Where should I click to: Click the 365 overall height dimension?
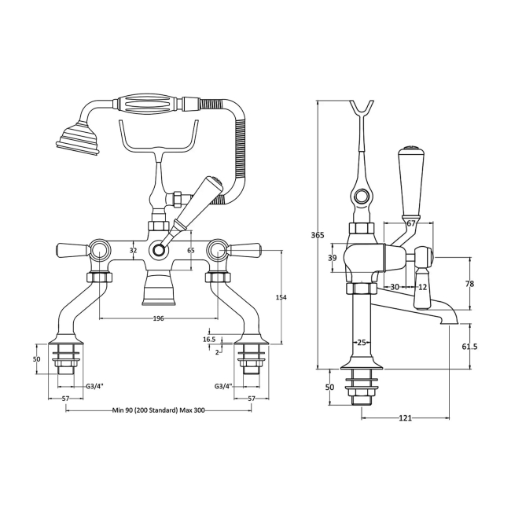point(317,235)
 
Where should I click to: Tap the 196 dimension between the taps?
point(158,318)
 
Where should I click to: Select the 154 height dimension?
point(281,296)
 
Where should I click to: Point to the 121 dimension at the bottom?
point(406,417)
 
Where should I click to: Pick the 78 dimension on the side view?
point(470,284)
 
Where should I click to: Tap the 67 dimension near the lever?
point(410,224)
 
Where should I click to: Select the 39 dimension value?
point(332,258)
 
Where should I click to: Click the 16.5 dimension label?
point(208,339)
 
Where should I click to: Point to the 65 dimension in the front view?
point(191,250)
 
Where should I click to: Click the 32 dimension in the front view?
point(133,250)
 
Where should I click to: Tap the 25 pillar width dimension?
point(362,342)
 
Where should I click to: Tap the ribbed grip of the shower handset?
point(150,104)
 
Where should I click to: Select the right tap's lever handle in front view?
point(246,251)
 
